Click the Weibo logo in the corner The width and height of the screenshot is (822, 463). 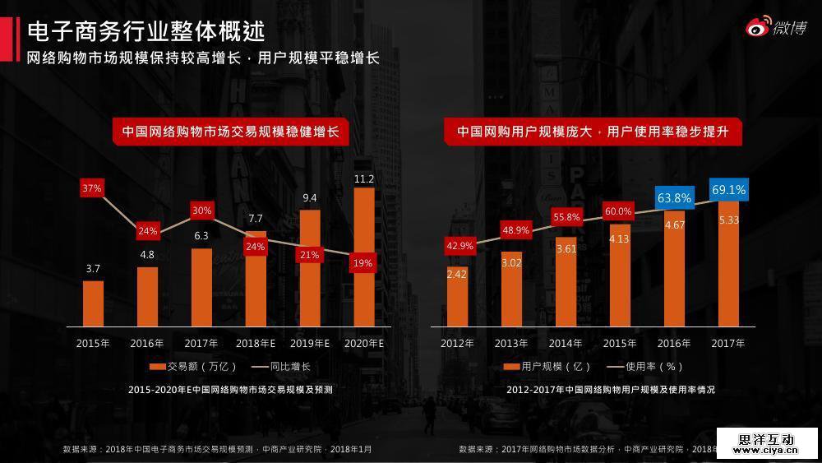[775, 27]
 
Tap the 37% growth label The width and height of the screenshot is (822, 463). [92, 188]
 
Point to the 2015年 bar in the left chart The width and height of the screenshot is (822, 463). [93, 303]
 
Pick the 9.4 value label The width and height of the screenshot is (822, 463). [310, 198]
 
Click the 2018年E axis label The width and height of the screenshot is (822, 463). [255, 343]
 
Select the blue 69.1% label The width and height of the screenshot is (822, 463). [728, 190]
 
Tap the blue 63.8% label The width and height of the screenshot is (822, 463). [674, 197]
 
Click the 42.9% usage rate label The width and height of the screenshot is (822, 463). [459, 245]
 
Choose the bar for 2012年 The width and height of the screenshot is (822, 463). [458, 296]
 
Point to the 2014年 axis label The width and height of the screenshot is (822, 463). [566, 343]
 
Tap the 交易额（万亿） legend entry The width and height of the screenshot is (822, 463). [192, 366]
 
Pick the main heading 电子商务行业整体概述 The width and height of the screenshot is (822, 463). [145, 31]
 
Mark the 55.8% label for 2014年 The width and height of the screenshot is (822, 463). [566, 217]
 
